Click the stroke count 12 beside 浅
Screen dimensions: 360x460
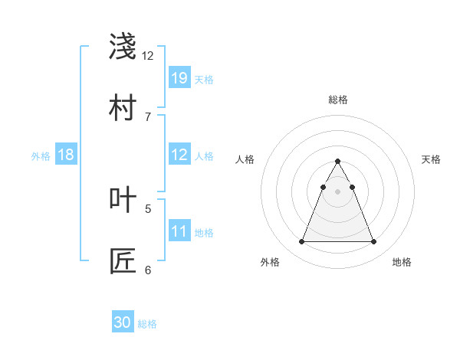[x=148, y=56]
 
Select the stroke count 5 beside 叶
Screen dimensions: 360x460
[x=148, y=208]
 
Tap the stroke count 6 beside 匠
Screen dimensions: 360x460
[x=148, y=270]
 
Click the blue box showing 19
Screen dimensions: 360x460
[x=179, y=78]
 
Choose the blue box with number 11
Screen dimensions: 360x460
[x=179, y=231]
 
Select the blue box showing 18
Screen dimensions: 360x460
[x=66, y=155]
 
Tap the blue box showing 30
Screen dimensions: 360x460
[x=123, y=322]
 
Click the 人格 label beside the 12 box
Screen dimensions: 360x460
[x=204, y=155]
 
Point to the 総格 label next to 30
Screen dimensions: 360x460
[x=147, y=324]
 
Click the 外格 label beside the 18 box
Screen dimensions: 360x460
[x=41, y=156]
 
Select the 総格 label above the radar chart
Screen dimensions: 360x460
[x=337, y=100]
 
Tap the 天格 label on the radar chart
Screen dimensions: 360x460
[x=431, y=159]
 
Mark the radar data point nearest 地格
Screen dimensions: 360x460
[x=373, y=242]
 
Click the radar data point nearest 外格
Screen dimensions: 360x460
[x=301, y=242]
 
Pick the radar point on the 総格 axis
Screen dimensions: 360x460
[x=337, y=162]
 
